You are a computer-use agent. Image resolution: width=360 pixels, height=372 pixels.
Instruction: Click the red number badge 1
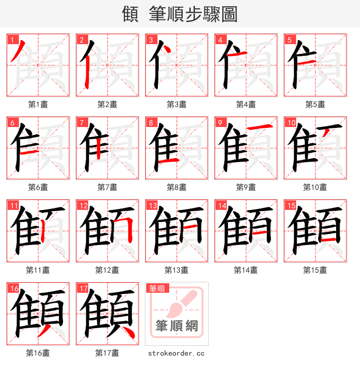click(12, 40)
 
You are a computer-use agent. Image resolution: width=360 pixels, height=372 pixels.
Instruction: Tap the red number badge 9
click(220, 122)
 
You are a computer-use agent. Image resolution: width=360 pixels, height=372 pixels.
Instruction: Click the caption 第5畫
click(315, 104)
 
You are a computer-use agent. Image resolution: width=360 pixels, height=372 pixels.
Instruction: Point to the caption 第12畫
click(107, 270)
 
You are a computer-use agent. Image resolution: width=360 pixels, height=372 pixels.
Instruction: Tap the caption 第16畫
click(38, 353)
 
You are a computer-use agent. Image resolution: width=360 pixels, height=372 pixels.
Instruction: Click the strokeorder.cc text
click(176, 353)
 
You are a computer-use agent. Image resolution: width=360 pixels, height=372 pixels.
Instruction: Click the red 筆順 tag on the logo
click(157, 288)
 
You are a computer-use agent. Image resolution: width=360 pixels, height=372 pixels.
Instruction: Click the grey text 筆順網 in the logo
click(176, 325)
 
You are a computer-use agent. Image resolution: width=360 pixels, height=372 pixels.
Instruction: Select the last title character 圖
click(229, 14)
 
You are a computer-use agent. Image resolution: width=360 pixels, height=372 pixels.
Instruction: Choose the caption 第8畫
click(176, 187)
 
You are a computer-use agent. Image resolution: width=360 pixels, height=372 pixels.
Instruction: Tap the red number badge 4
click(220, 40)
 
